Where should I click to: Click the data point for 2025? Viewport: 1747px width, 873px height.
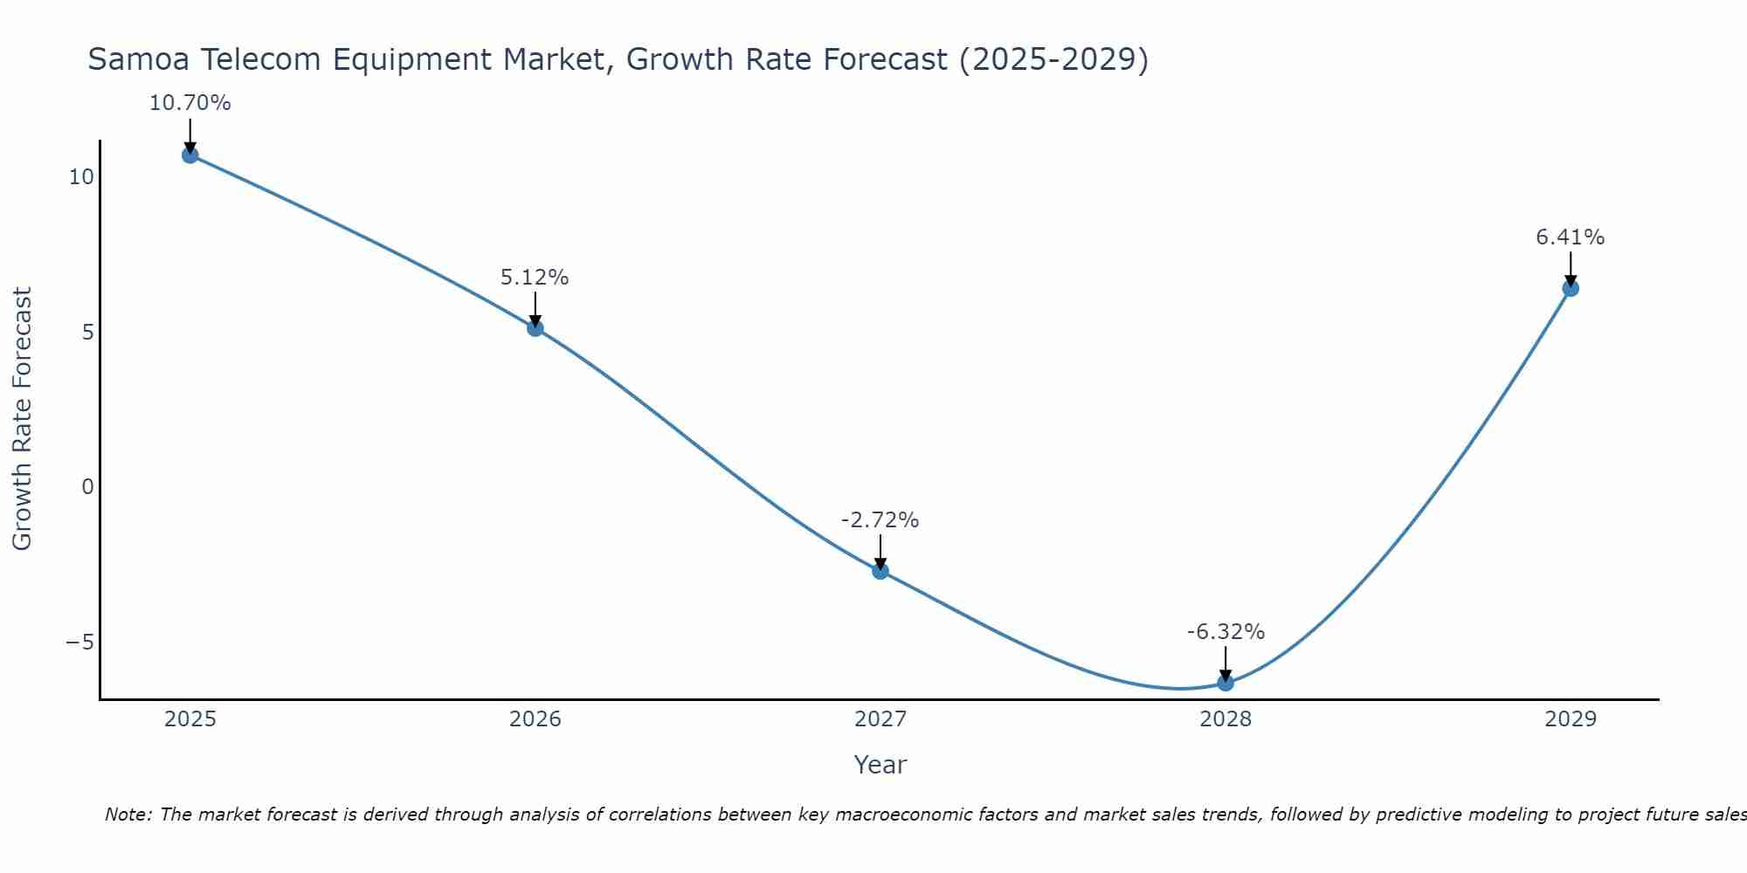click(x=190, y=155)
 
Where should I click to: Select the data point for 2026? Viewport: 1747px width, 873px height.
click(x=535, y=328)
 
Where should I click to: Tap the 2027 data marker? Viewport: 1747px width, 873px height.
click(x=880, y=571)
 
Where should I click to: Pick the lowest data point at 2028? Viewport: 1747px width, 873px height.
click(x=1226, y=683)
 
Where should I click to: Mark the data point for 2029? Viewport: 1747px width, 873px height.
click(x=1571, y=288)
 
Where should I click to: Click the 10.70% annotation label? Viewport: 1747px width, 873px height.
click(x=190, y=103)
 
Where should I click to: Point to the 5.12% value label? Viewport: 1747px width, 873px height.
click(x=535, y=278)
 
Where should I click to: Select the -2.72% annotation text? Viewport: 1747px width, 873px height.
click(x=880, y=520)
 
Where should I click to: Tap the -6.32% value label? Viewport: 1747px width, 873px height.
click(x=1226, y=632)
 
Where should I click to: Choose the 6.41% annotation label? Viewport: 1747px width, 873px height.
click(x=1571, y=237)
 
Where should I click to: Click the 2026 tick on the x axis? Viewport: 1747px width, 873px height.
click(x=535, y=719)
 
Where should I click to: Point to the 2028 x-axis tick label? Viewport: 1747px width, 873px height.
click(x=1226, y=719)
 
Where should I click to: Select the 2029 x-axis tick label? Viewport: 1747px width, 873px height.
click(x=1571, y=719)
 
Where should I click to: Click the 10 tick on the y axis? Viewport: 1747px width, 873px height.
click(x=81, y=177)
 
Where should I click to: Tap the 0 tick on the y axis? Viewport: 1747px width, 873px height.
click(x=87, y=487)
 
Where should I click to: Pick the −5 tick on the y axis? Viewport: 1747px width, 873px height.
click(x=79, y=643)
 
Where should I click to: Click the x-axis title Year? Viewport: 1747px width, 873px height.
click(x=880, y=765)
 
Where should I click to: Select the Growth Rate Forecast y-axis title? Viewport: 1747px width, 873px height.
click(x=23, y=419)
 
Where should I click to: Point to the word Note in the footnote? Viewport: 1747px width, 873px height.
click(x=128, y=815)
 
